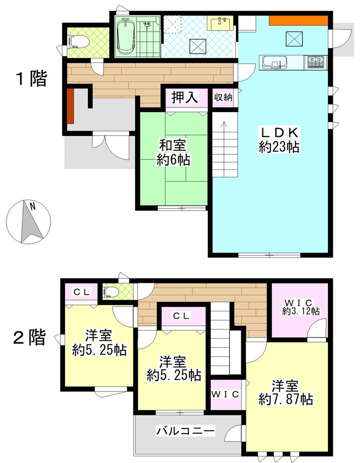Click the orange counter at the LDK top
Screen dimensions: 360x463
pyautogui.click(x=298, y=21)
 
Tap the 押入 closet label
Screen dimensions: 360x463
pyautogui.click(x=185, y=97)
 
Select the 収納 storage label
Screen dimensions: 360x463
pyautogui.click(x=223, y=97)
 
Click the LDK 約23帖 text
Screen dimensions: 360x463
pyautogui.click(x=279, y=140)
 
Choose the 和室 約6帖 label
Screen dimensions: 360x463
pyautogui.click(x=173, y=152)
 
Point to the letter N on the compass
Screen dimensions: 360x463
pyautogui.click(x=33, y=206)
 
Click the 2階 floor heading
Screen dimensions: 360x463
pyautogui.click(x=30, y=337)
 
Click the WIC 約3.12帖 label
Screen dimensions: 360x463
pyautogui.click(x=301, y=307)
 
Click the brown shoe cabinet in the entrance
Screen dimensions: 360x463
pyautogui.click(x=70, y=106)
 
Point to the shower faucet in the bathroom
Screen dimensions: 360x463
pyautogui.click(x=147, y=25)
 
